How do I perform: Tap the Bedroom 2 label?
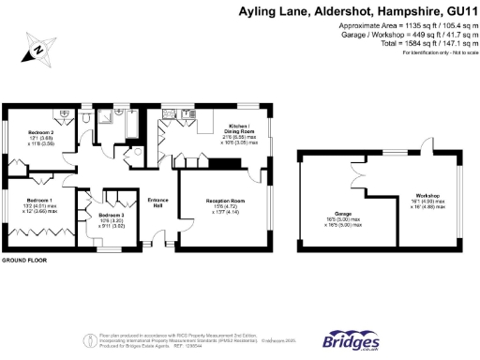coord(38,133)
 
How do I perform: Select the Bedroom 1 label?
coord(38,201)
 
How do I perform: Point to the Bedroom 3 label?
coord(111,215)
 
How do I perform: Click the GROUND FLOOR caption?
coord(25,258)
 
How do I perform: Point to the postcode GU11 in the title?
coord(457,12)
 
